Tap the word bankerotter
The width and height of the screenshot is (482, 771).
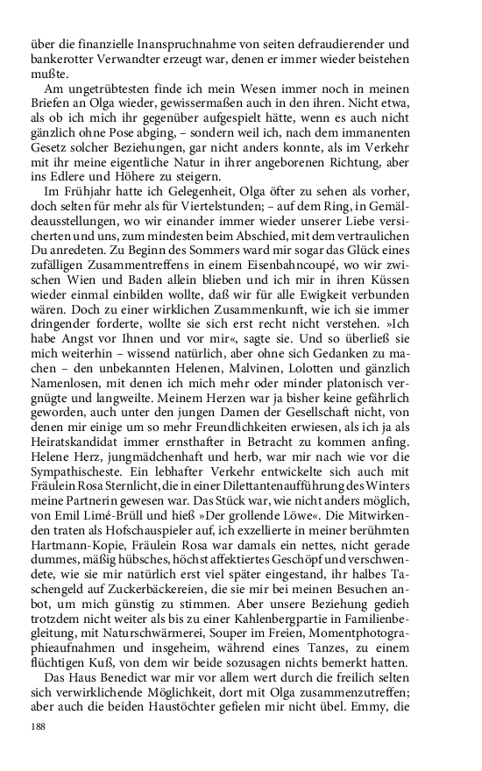(64, 59)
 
